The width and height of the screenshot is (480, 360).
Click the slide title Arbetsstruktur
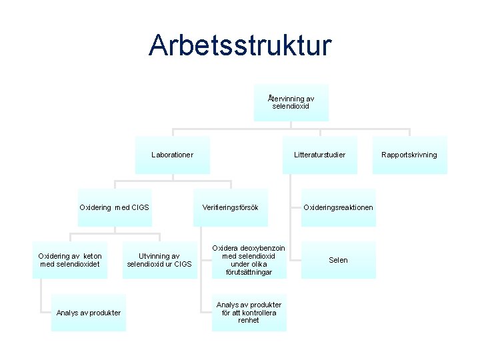240,46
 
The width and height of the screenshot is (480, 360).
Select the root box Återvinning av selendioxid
291,102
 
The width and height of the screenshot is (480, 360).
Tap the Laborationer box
172,155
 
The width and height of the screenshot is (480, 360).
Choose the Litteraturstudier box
319,155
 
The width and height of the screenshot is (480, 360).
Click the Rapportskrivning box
409,155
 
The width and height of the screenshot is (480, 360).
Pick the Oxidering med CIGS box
114,207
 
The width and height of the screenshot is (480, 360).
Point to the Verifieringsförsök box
230,207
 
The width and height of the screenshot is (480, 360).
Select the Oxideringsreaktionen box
338,207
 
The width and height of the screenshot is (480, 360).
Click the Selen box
338,260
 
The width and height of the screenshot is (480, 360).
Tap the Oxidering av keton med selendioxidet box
70,260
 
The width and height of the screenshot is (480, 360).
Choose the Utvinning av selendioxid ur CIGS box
159,260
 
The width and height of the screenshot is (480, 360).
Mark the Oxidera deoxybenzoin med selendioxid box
249,260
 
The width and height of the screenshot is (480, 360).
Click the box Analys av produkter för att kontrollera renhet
249,313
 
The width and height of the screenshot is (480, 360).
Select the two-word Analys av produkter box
89,313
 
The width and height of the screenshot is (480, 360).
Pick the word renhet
249,321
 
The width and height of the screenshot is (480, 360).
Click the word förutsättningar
249,272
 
